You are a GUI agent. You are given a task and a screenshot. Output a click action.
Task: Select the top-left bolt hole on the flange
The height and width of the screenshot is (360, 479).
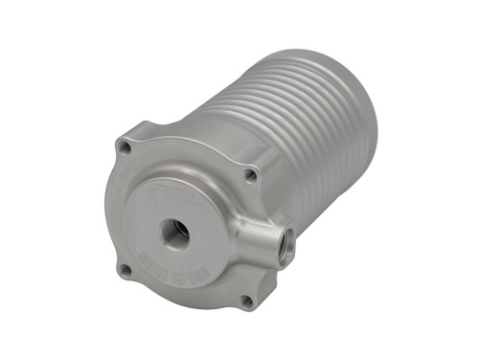[124, 146]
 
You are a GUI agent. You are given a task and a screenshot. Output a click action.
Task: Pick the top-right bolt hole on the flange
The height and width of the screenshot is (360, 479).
[250, 175]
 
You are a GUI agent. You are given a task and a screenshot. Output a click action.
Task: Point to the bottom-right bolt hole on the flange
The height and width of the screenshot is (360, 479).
[246, 301]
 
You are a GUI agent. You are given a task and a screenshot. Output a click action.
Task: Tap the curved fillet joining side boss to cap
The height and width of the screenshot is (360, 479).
[241, 230]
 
